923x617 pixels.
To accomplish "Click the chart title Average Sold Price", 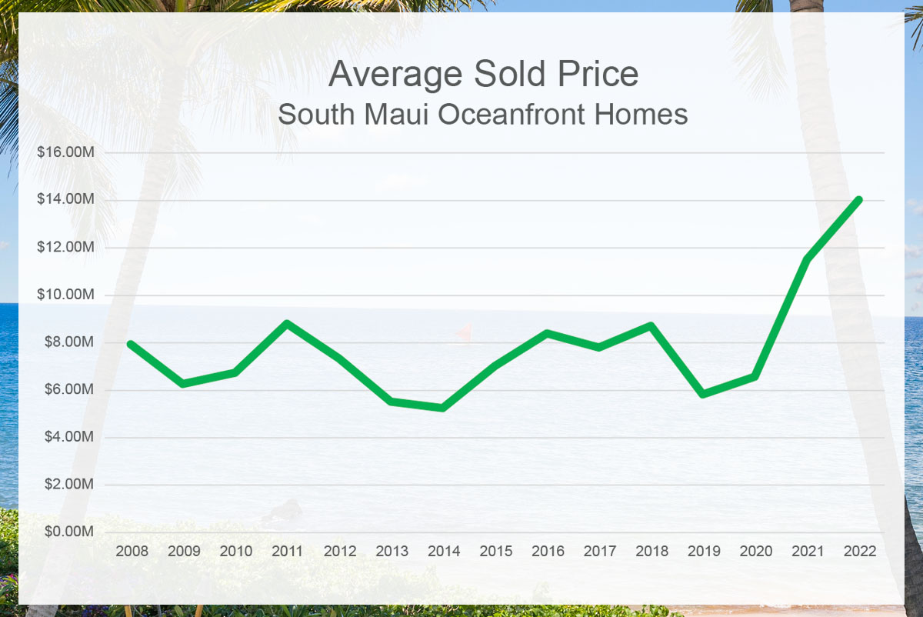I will pos(483,75).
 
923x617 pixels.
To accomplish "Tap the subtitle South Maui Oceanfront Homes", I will pos(482,115).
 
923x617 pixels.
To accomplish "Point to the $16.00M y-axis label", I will pos(66,152).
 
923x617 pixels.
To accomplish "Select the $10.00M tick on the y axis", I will pos(66,295).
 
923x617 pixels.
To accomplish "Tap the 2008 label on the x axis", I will pos(132,552).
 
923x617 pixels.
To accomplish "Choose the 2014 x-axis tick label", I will pos(444,552).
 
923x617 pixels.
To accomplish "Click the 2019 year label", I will pos(704,552).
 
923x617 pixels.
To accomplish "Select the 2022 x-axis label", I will pos(859,552).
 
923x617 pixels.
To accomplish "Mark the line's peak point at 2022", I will pos(859,200).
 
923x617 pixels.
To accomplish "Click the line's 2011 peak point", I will pos(288,323).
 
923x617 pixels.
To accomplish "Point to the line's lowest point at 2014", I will pos(444,408).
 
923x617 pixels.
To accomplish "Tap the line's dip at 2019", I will pos(704,394).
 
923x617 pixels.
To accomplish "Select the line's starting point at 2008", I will pos(132,344).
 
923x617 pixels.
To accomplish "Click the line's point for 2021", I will pos(808,259).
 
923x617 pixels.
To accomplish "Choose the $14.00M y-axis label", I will pos(66,200).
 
